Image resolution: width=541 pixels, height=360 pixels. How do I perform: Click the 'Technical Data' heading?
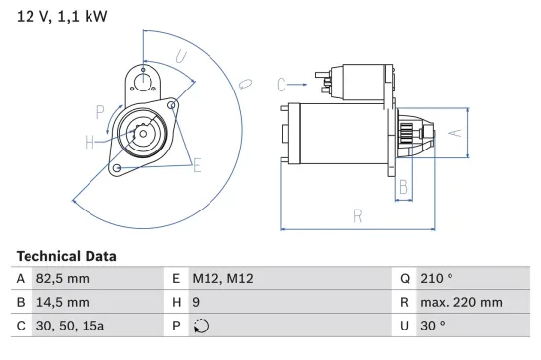[66, 256]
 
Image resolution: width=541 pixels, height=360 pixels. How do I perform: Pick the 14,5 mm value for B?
[61, 303]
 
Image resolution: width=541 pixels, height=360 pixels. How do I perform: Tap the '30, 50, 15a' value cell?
[69, 327]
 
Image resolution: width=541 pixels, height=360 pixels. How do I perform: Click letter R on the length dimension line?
[358, 215]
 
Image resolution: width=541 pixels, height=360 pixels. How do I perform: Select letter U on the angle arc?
[181, 57]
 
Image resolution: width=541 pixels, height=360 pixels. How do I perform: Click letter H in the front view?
[90, 143]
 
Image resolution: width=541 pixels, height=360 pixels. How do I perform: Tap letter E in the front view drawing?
[197, 164]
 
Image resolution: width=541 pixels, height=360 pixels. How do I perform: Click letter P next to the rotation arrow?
[100, 110]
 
